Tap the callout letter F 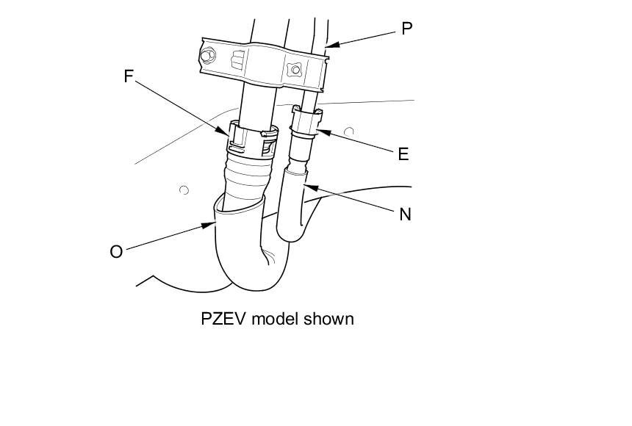(x=129, y=76)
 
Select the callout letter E (x=403, y=154)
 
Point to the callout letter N (x=405, y=214)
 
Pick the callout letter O (x=116, y=251)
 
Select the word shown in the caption (x=326, y=319)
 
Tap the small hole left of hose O (x=184, y=190)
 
